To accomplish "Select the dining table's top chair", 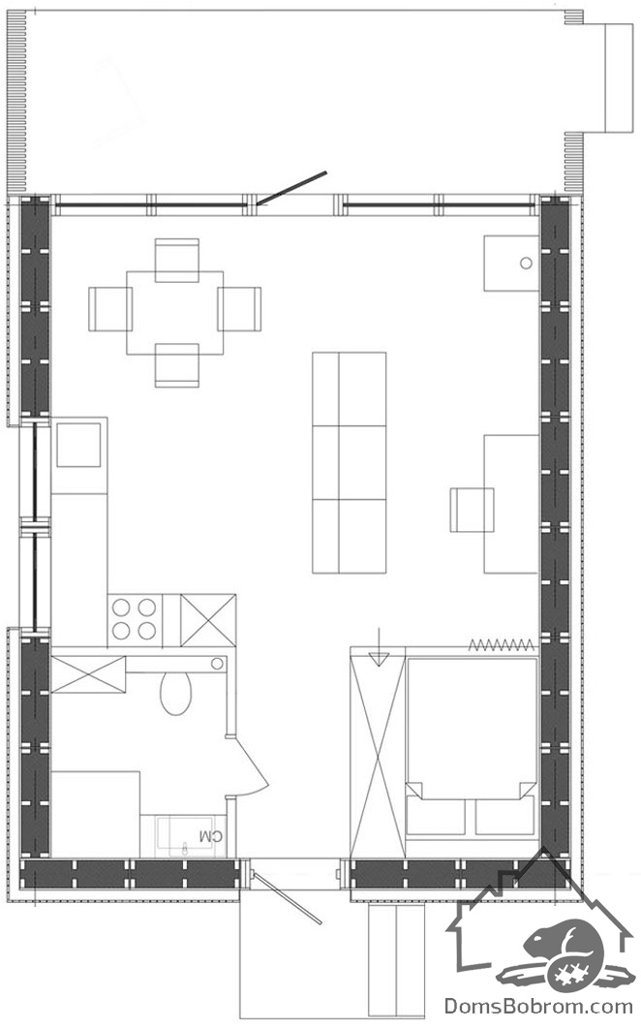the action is coord(177,260).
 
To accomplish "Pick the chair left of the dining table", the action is coord(109,308).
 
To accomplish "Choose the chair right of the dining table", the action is coord(239,308).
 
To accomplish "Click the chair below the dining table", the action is coord(177,365).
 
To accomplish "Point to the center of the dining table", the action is coord(174,312).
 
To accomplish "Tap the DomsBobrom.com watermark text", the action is coord(538,1005).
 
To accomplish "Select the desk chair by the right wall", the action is coord(472,510).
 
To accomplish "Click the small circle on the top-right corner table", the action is coord(526,264).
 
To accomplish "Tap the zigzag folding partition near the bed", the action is coord(502,644).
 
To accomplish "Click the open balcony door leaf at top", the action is coord(290,188).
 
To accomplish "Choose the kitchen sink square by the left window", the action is coord(78,445).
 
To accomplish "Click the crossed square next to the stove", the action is coord(208,619).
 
